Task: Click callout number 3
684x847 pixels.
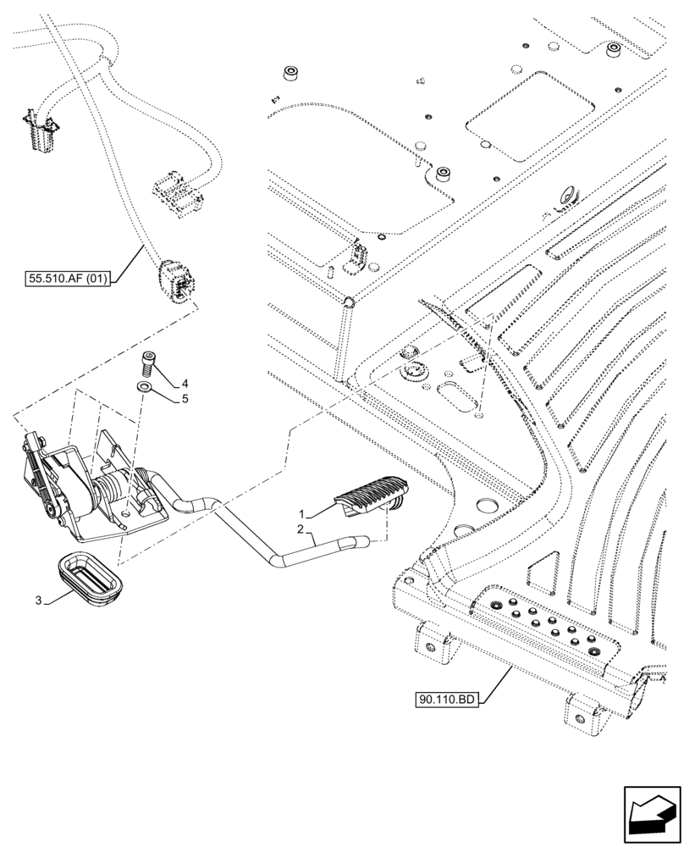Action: tap(38, 601)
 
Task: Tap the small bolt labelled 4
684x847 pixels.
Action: tap(149, 365)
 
